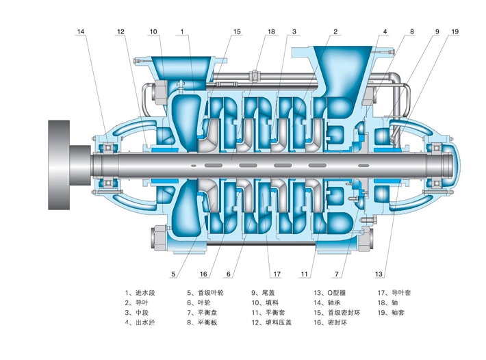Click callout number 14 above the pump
pyautogui.click(x=82, y=31)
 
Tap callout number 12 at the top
pyautogui.click(x=120, y=31)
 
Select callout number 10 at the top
pyautogui.click(x=153, y=31)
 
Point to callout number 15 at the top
pyautogui.click(x=237, y=31)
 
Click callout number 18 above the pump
pyautogui.click(x=271, y=31)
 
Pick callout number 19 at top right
pyautogui.click(x=455, y=31)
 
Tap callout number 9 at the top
pyautogui.click(x=436, y=31)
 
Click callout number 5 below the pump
pyautogui.click(x=174, y=274)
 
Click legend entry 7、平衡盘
pyautogui.click(x=203, y=311)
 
